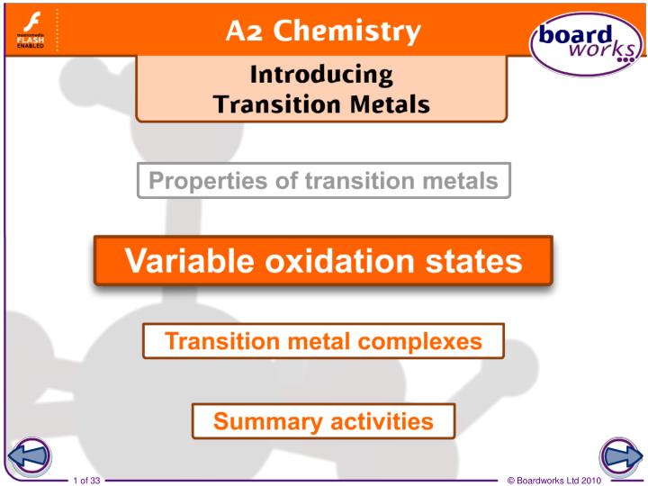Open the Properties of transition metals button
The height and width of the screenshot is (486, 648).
(323, 181)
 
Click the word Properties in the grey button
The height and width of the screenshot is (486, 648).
(200, 181)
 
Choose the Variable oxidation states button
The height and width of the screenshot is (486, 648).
(323, 261)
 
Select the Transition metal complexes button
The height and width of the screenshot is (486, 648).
(323, 341)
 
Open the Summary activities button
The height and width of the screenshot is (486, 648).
(323, 420)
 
